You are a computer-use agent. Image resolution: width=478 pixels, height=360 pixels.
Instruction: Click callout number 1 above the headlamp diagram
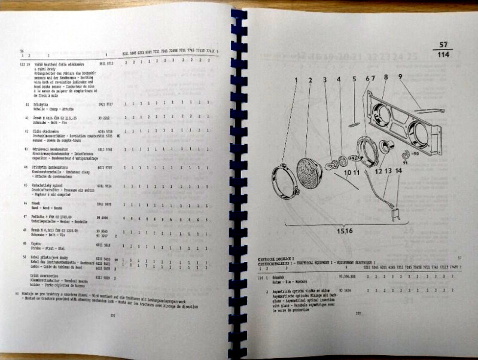[x=294, y=80]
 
